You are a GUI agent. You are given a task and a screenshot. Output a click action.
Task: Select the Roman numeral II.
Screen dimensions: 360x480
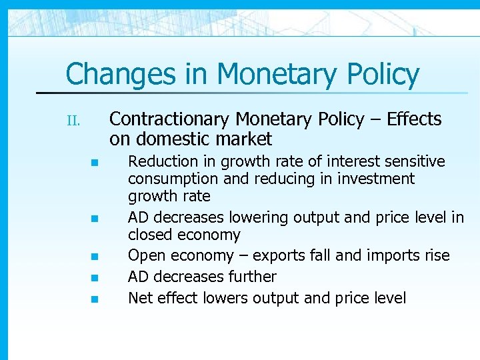point(73,121)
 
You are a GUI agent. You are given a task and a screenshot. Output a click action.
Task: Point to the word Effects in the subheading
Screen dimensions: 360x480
point(414,119)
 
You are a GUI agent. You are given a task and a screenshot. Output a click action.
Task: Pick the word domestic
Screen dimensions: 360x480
point(169,139)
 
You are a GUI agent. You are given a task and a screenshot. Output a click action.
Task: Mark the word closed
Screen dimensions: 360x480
point(147,235)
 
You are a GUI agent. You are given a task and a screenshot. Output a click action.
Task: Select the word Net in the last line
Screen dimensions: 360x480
point(139,297)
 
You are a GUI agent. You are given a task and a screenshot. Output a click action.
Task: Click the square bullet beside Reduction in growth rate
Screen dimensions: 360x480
point(95,163)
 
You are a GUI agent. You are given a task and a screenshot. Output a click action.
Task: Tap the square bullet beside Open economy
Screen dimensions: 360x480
point(95,257)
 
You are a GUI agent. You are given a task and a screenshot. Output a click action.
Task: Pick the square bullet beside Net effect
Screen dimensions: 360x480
point(95,299)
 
